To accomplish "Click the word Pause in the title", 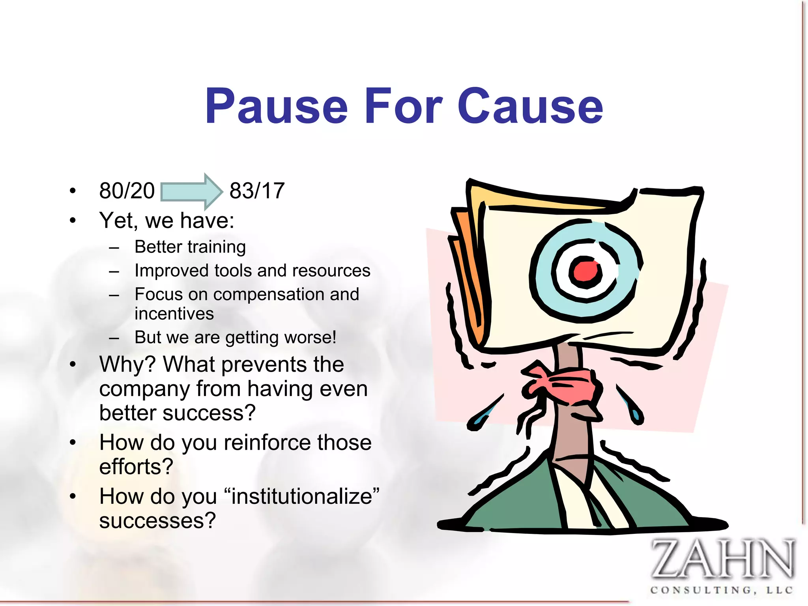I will [x=276, y=106].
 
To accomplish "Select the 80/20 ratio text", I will [x=127, y=191].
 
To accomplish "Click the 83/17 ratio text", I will [x=257, y=191].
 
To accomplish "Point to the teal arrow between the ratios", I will [x=192, y=191].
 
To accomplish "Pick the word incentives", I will [x=174, y=314].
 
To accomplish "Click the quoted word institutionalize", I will [x=302, y=496].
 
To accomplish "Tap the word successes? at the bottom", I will [x=157, y=520].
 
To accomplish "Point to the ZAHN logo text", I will [x=722, y=559].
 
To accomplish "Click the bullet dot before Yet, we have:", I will [x=72, y=221].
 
